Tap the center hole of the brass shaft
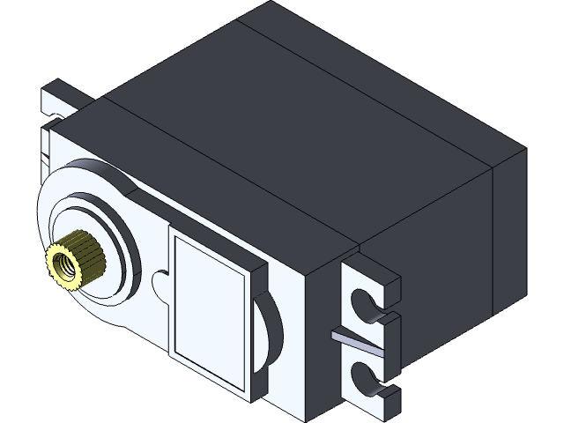click(63, 261)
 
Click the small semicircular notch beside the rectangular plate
click(160, 284)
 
